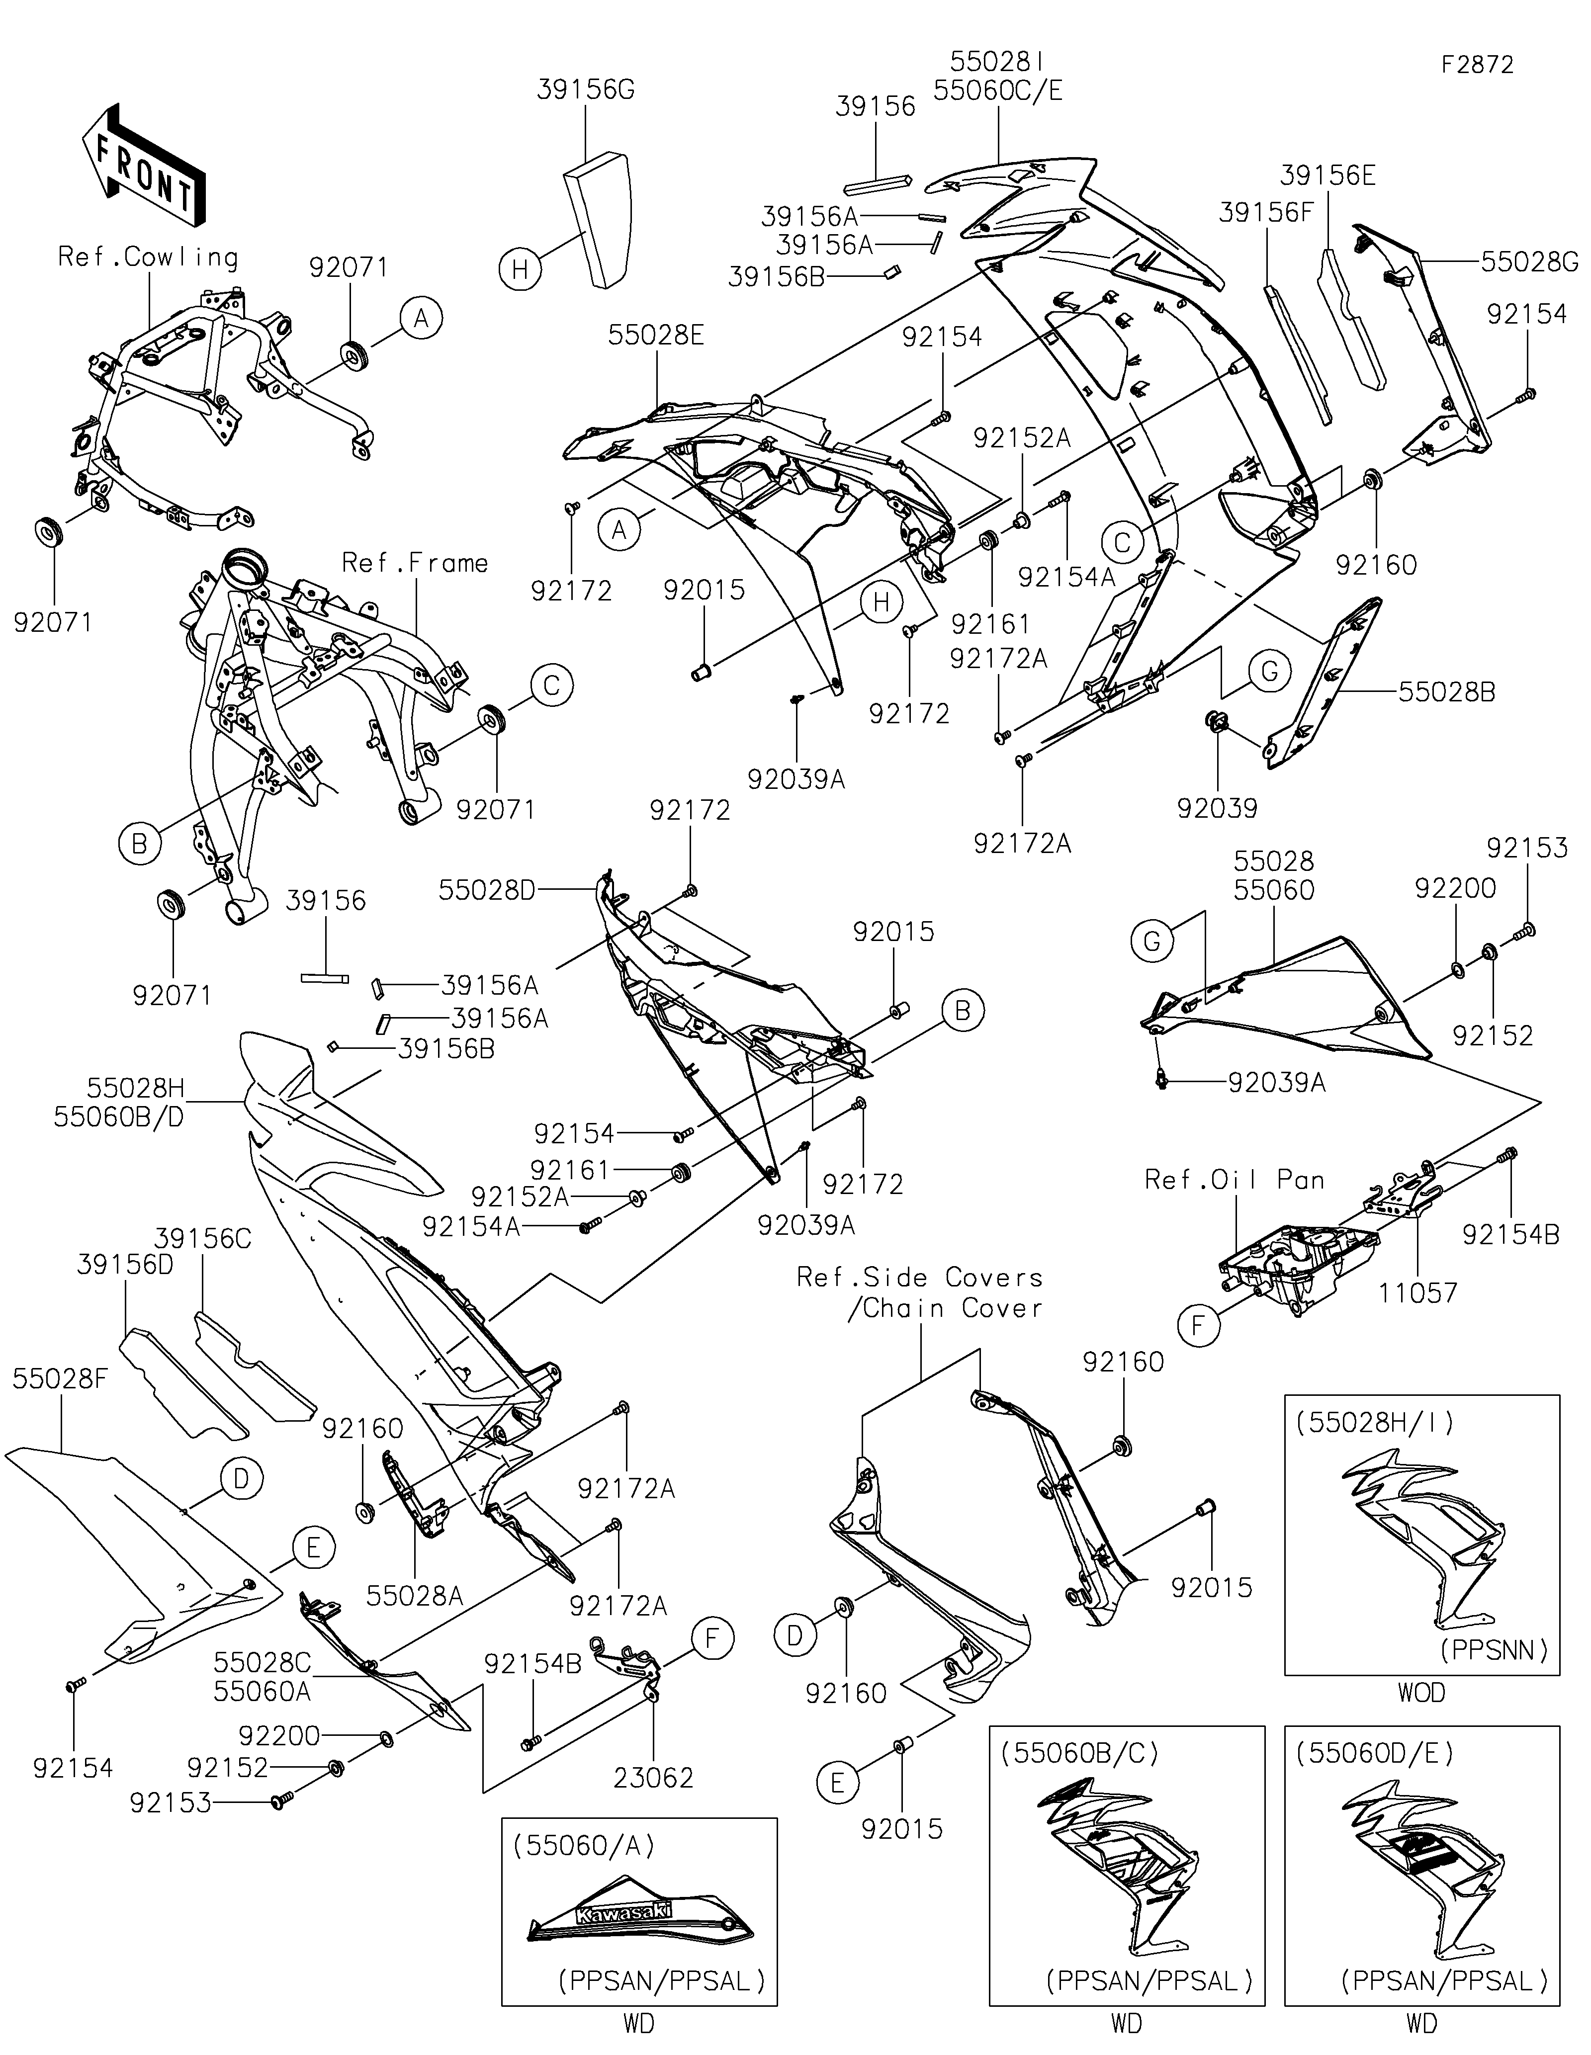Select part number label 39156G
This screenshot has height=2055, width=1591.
(x=586, y=89)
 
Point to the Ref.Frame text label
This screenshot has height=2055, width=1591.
(x=415, y=563)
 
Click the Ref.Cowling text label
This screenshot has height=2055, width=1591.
(x=148, y=257)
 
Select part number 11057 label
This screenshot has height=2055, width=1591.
(x=1418, y=1293)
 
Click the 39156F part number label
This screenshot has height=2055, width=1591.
(x=1265, y=213)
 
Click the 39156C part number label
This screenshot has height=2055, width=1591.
(x=203, y=1238)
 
